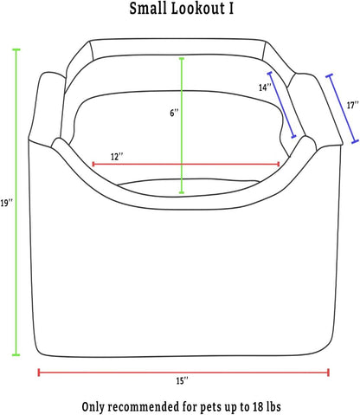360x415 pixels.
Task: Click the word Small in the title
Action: tap(148, 8)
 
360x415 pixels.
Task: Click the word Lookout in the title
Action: tap(197, 8)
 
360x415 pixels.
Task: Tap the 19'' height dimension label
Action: tap(6, 204)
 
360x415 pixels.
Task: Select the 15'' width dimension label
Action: tap(183, 381)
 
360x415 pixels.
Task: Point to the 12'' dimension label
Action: tap(117, 157)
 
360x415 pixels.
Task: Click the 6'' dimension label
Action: tap(174, 113)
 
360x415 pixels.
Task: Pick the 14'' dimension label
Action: tap(265, 88)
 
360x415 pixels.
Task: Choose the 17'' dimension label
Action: tap(353, 105)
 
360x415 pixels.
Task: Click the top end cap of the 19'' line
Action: tap(16, 49)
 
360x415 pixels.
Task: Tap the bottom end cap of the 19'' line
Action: tap(16, 354)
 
